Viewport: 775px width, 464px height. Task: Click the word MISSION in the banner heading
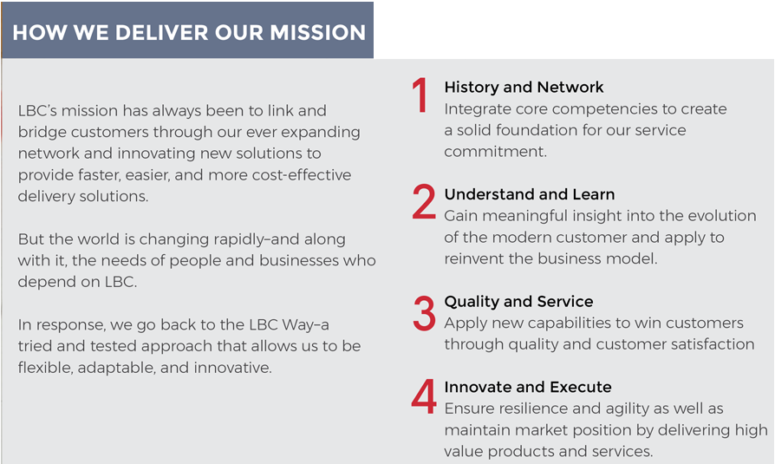click(318, 33)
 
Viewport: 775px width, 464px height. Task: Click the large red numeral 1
click(420, 95)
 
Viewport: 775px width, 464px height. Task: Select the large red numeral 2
click(424, 201)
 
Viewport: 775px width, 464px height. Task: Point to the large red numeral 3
click(424, 312)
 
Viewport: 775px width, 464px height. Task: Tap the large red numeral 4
click(424, 396)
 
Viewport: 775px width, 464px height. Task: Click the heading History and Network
click(524, 87)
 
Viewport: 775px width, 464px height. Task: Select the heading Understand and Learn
click(530, 194)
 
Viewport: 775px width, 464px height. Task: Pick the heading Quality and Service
click(518, 301)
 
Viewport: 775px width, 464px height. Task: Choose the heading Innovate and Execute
click(528, 387)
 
